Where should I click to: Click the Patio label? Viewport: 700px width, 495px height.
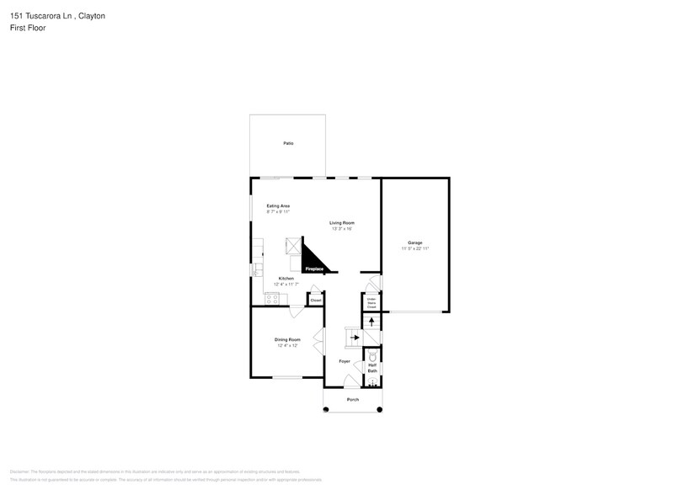pyautogui.click(x=288, y=144)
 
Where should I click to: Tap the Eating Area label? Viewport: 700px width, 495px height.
pyautogui.click(x=278, y=206)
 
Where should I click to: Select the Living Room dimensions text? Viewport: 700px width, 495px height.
pyautogui.click(x=341, y=229)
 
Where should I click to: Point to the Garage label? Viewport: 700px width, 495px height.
pyautogui.click(x=415, y=242)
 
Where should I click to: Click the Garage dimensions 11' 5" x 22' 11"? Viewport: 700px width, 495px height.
pyautogui.click(x=415, y=249)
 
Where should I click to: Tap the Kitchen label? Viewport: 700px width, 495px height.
pyautogui.click(x=286, y=279)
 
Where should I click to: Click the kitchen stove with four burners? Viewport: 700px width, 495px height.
pyautogui.click(x=272, y=298)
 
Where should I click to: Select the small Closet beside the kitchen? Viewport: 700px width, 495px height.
pyautogui.click(x=316, y=300)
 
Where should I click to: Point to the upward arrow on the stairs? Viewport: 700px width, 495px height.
pyautogui.click(x=371, y=321)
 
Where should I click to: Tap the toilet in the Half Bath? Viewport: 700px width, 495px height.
pyautogui.click(x=371, y=357)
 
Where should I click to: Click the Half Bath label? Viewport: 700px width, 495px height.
pyautogui.click(x=371, y=368)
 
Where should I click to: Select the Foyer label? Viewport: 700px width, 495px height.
pyautogui.click(x=345, y=361)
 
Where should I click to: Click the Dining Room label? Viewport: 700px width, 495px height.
pyautogui.click(x=287, y=339)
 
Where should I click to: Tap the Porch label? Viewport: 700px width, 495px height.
pyautogui.click(x=353, y=399)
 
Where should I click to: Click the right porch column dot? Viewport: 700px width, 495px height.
pyautogui.click(x=379, y=410)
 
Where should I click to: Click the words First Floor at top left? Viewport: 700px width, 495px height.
pyautogui.click(x=29, y=28)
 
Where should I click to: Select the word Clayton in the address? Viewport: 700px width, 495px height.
pyautogui.click(x=89, y=16)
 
